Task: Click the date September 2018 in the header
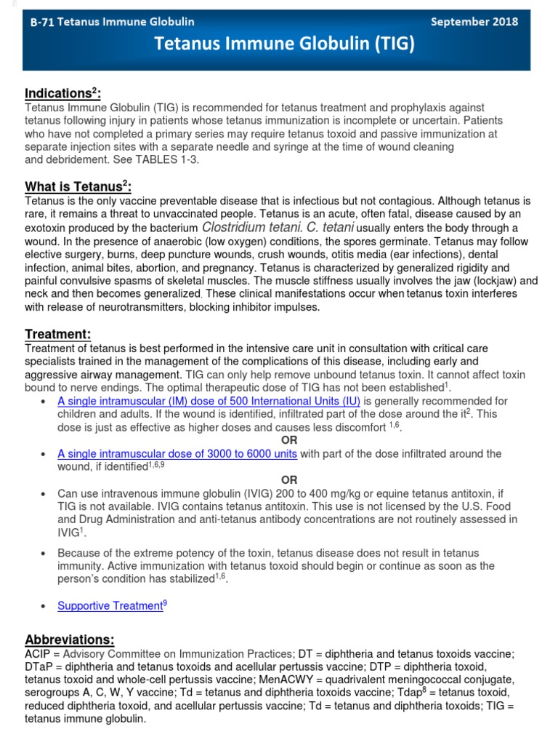click(474, 22)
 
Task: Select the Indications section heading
click(62, 93)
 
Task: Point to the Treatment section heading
click(58, 334)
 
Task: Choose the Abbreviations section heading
click(70, 640)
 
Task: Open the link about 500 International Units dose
click(209, 401)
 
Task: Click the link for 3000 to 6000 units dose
click(177, 453)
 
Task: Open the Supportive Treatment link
click(110, 605)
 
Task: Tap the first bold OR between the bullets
click(289, 440)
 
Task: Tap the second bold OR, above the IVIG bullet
click(289, 479)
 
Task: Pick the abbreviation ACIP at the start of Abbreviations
click(37, 653)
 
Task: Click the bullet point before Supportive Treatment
click(45, 606)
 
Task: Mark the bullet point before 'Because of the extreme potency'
click(45, 553)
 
